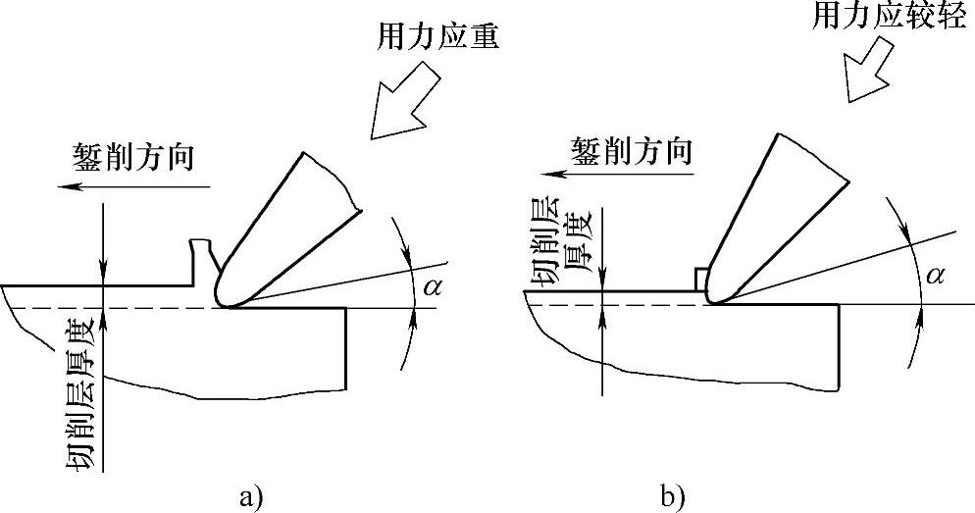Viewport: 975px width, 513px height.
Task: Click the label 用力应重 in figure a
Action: (438, 40)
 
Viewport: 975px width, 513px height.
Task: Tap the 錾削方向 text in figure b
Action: (632, 151)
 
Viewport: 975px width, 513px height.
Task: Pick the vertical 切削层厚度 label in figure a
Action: (82, 393)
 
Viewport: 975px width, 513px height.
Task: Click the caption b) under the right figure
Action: (672, 496)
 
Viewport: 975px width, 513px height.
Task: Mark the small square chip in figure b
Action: (701, 280)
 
